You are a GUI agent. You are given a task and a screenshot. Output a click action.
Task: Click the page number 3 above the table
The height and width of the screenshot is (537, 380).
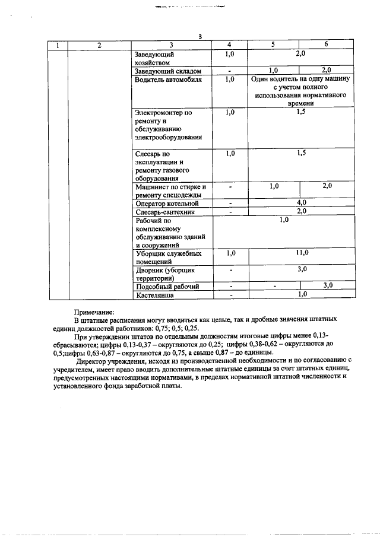[200, 37]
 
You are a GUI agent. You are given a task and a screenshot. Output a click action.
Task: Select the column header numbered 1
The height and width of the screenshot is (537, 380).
[58, 45]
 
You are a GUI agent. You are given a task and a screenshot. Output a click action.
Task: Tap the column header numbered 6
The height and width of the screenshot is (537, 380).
[326, 45]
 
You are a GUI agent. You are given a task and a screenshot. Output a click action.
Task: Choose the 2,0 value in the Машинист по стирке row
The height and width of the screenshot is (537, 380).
[327, 186]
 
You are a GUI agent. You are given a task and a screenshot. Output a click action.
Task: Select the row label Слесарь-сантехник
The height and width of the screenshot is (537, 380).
[164, 211]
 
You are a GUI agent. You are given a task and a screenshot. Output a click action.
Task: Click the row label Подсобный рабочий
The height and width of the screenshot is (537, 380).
[167, 287]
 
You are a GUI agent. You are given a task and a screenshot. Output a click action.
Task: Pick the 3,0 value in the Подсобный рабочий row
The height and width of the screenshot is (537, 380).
[327, 285]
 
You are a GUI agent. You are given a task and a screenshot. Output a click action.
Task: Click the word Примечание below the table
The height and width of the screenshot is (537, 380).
[93, 311]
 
